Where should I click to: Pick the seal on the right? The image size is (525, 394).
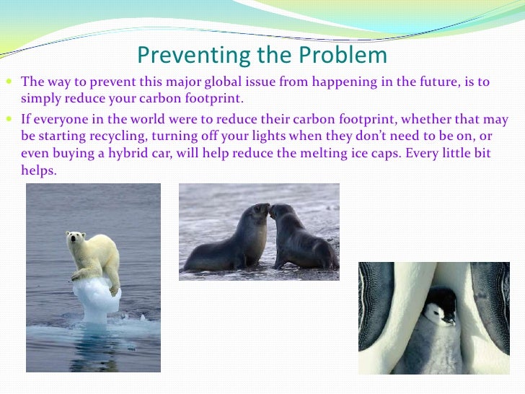(x=299, y=238)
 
